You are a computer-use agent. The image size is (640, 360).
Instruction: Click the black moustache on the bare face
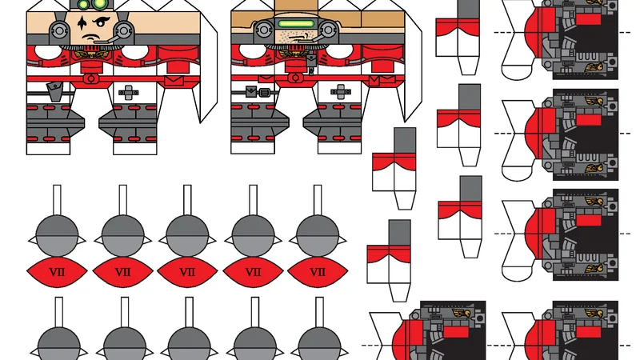click(94, 38)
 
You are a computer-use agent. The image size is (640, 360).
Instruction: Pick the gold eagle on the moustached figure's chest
click(94, 54)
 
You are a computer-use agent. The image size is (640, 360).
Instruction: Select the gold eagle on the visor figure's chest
click(298, 54)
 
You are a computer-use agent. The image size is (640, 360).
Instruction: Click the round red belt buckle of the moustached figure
click(93, 78)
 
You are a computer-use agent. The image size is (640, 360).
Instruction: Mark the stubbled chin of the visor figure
click(297, 35)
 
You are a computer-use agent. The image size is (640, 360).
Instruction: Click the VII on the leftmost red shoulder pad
click(57, 272)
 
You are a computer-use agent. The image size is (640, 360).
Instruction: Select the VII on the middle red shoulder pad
click(187, 272)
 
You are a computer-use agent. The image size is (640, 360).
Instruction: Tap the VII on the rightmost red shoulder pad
click(318, 272)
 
